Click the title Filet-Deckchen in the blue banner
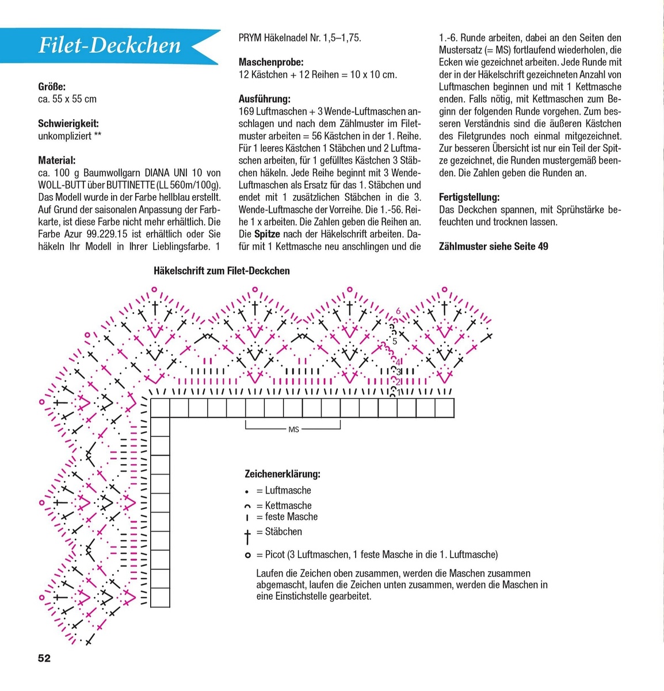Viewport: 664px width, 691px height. (109, 45)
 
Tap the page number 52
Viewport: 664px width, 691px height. (44, 658)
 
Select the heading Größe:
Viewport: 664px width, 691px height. (52, 87)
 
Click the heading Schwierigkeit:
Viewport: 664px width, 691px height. (68, 124)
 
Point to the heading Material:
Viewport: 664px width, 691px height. (57, 161)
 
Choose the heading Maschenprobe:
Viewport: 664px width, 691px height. (271, 62)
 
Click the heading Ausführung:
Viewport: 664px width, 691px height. (265, 99)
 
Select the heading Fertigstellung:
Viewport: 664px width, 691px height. (469, 198)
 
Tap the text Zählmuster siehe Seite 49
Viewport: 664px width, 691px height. (493, 246)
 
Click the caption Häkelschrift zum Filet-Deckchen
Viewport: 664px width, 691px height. (222, 271)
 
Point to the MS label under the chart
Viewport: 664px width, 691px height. (293, 430)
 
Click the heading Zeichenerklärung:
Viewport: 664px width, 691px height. (283, 474)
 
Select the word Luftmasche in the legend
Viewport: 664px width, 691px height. (288, 491)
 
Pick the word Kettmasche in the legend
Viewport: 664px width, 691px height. (288, 506)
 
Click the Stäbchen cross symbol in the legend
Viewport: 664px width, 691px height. (247, 536)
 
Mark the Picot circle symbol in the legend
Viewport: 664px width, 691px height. (247, 555)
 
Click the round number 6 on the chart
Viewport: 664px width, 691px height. (398, 312)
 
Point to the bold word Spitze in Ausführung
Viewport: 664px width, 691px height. (267, 234)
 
